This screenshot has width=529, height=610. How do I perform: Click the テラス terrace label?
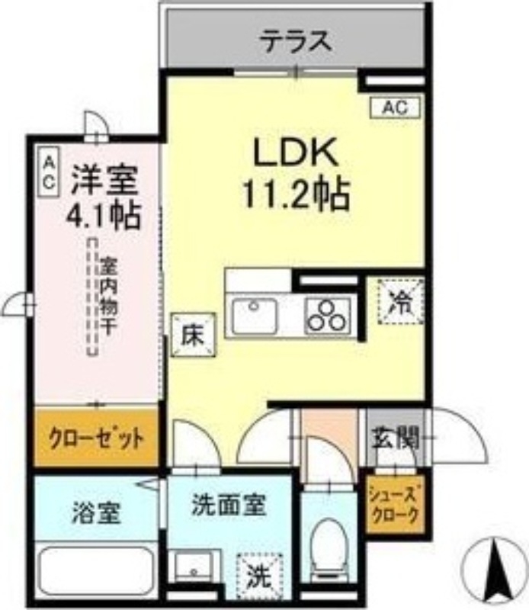[296, 40]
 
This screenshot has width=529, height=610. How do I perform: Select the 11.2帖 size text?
[296, 195]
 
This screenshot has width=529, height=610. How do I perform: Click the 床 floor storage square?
[192, 336]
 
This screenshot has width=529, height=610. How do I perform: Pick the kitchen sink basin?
[255, 316]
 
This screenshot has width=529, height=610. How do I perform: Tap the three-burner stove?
[328, 315]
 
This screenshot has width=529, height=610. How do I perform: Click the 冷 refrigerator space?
[400, 300]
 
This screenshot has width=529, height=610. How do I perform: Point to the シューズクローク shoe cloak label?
[393, 506]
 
